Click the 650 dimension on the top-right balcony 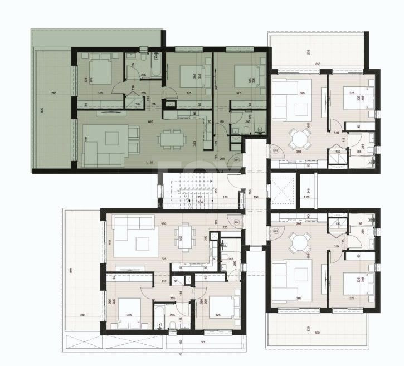(318, 65)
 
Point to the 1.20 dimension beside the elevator (306, 197)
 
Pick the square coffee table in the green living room (112, 138)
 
